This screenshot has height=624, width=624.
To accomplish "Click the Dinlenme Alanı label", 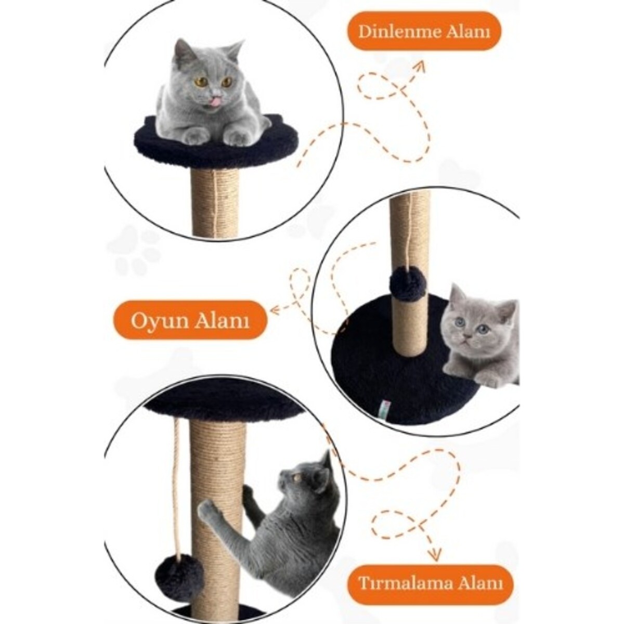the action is click(424, 31).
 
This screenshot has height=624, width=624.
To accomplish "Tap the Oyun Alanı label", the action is click(190, 320).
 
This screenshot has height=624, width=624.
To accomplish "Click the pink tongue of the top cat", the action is click(215, 102).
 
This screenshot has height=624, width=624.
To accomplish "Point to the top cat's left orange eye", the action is click(201, 82).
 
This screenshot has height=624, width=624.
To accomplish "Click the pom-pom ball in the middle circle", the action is click(408, 284).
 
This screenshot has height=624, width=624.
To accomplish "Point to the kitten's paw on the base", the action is click(487, 378).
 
